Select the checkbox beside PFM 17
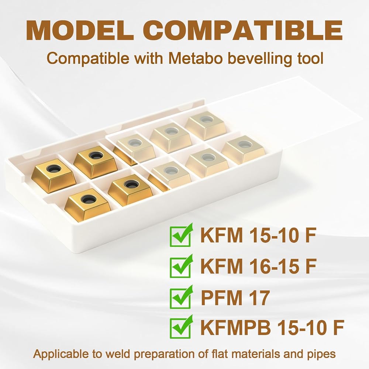click(x=181, y=297)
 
